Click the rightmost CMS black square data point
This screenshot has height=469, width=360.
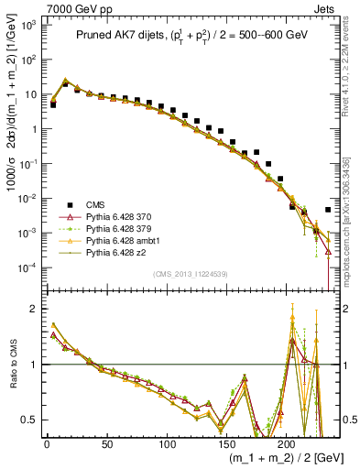point(328,210)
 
